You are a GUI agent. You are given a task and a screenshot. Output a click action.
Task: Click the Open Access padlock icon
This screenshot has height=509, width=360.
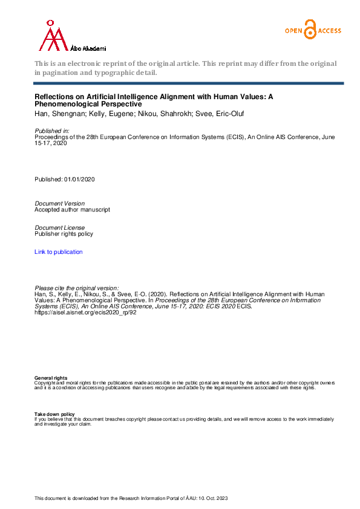pos(310,30)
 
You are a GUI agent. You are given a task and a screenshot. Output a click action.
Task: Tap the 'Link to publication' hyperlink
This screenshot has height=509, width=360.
pos(59,252)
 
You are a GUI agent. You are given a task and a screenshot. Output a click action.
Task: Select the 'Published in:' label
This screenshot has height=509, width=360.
pos(52,131)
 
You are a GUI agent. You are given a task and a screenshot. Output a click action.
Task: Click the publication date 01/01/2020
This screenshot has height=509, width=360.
pos(79,180)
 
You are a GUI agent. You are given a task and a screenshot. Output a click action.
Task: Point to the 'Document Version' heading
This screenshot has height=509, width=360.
pos(60,204)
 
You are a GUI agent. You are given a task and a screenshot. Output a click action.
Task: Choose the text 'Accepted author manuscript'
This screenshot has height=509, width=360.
pos(73,210)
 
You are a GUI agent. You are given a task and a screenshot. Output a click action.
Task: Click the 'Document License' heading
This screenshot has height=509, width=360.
pos(60,228)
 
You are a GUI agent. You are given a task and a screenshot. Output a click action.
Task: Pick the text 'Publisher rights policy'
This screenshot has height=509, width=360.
pos(64,234)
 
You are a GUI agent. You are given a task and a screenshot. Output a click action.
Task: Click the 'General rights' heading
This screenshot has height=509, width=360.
pos(51,378)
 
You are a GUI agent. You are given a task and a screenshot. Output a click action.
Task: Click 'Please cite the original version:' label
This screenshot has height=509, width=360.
pos(77,288)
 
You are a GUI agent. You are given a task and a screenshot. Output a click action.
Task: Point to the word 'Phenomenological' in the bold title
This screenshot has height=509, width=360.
pos(68,104)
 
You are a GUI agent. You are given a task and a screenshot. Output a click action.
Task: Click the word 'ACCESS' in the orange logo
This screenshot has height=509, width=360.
pos(329,30)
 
